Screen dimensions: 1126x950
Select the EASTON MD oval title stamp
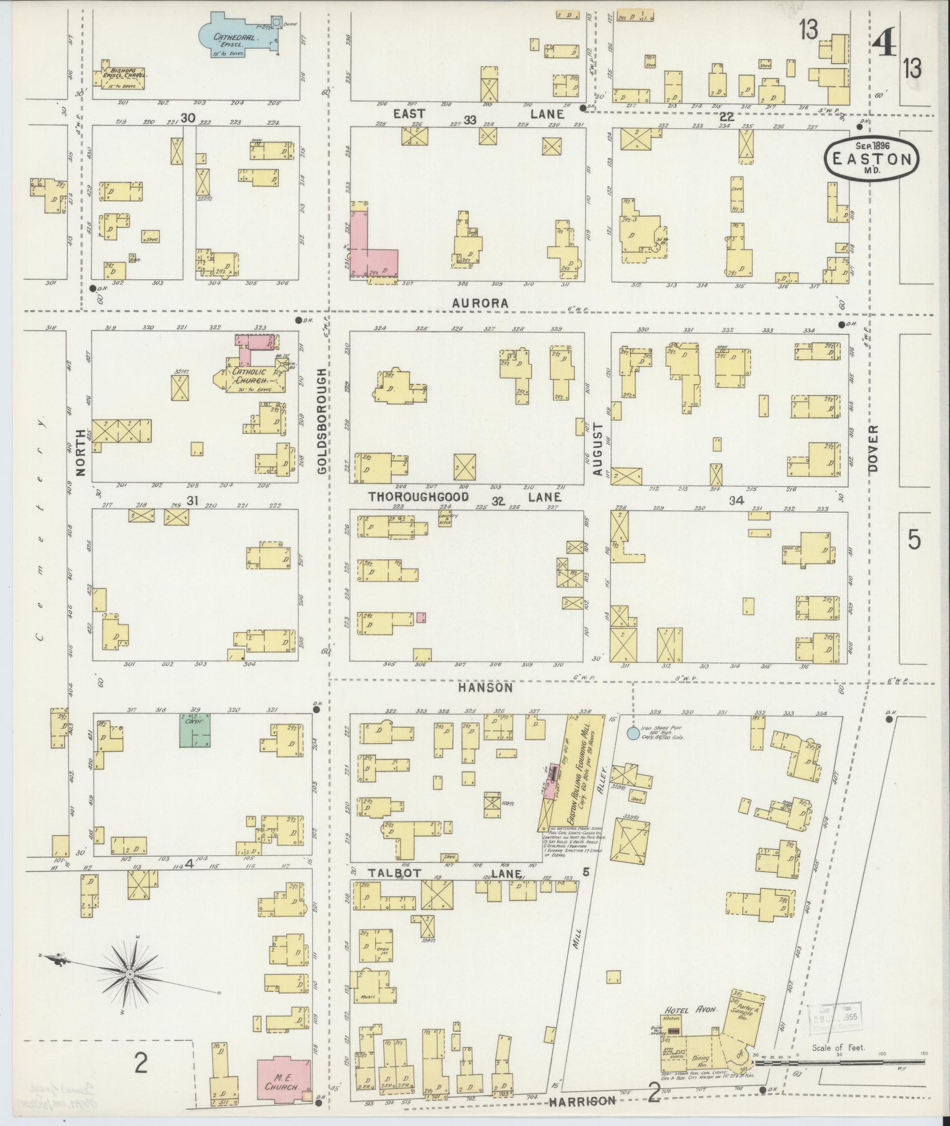pyautogui.click(x=871, y=158)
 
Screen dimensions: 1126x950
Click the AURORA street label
pyautogui.click(x=480, y=303)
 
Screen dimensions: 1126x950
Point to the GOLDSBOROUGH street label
pyautogui.click(x=322, y=420)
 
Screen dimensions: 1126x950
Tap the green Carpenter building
pyautogui.click(x=196, y=730)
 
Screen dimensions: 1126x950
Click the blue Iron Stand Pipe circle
pyautogui.click(x=633, y=733)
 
